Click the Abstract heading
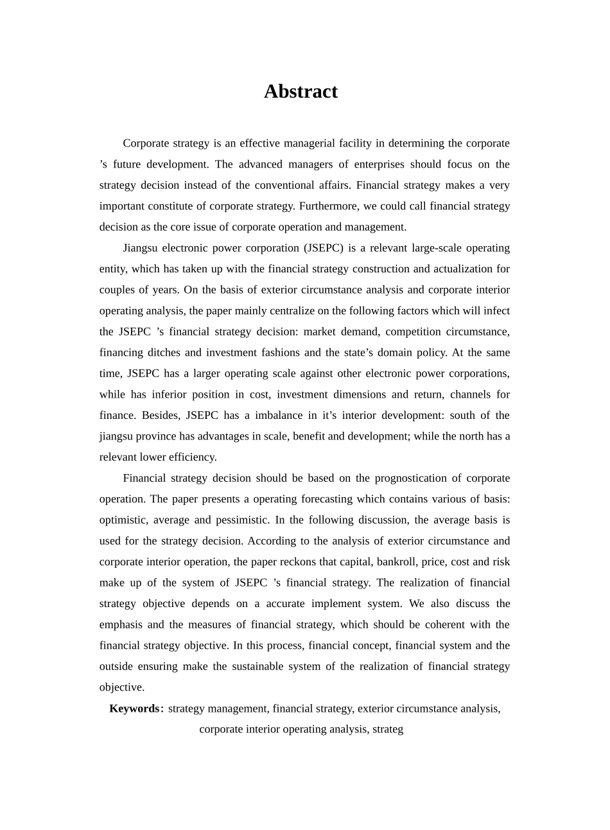301,92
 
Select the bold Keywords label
134,709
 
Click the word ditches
168,353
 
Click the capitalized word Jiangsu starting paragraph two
140,248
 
